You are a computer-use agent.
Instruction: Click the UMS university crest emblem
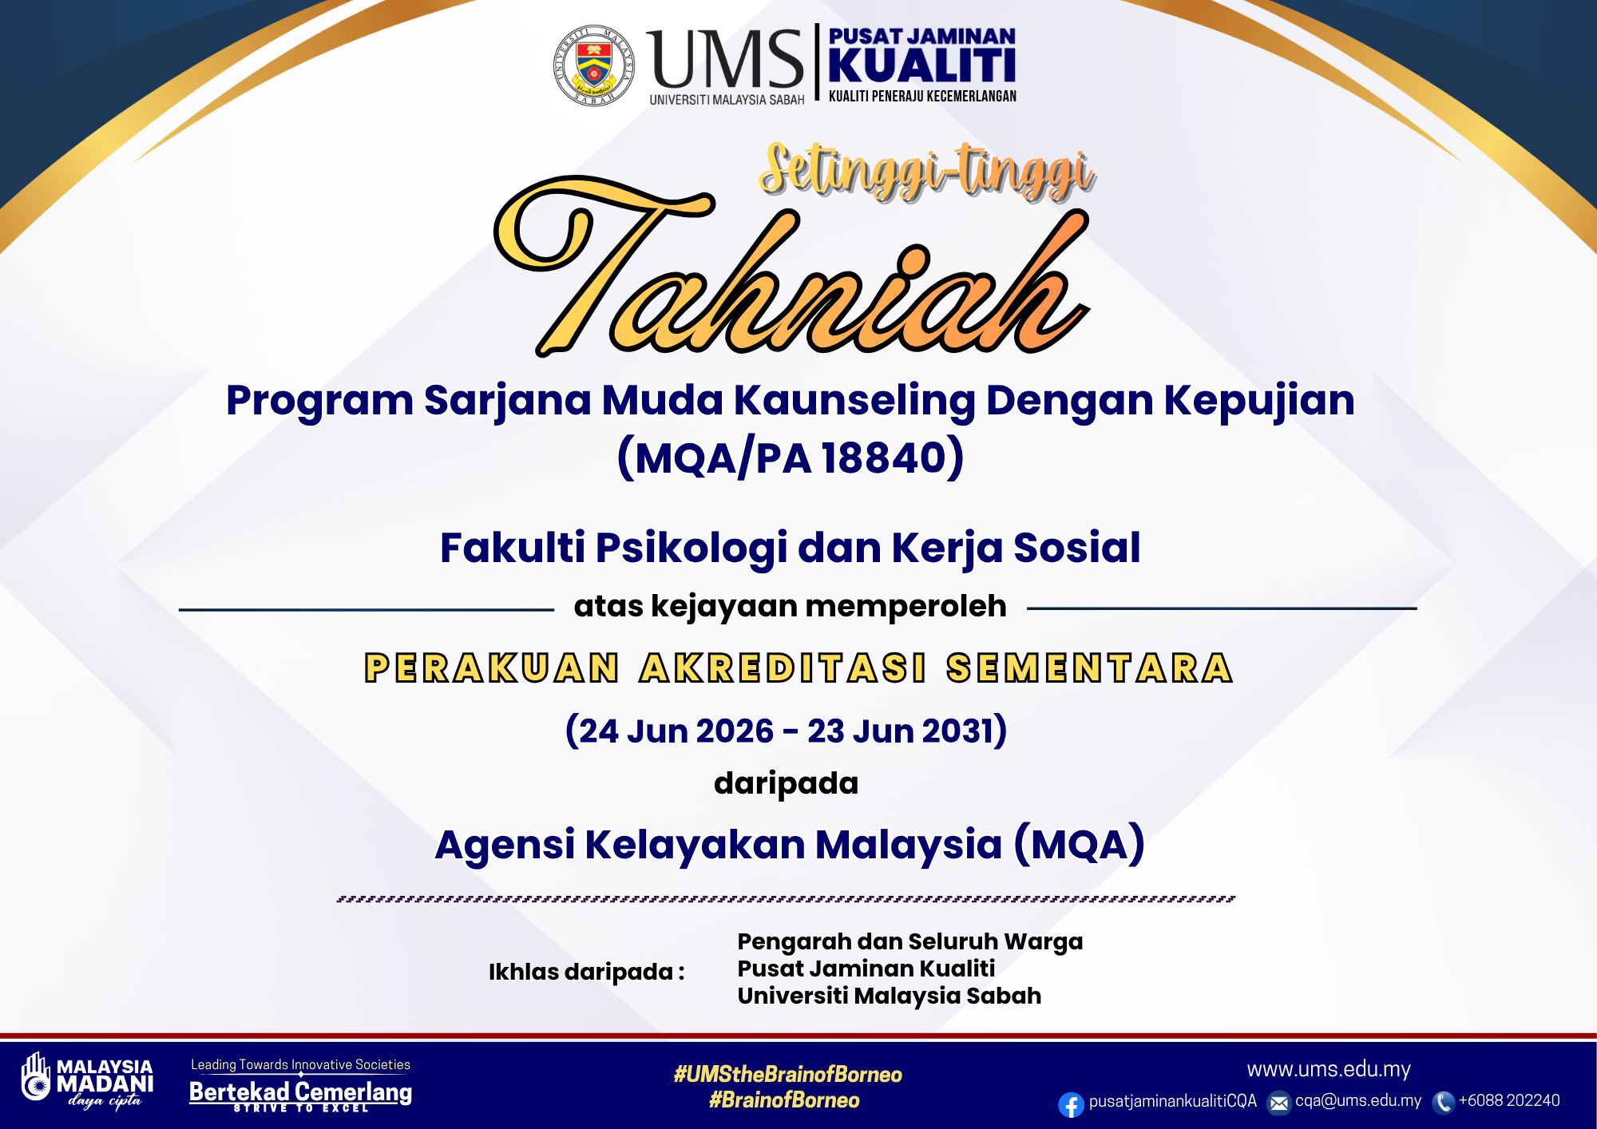click(x=594, y=65)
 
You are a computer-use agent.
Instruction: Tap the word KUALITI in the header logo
click(x=922, y=65)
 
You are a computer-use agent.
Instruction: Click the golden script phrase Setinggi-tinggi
click(x=927, y=171)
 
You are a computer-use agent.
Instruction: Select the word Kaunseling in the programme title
click(x=854, y=401)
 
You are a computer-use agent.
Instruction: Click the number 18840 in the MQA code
click(x=884, y=458)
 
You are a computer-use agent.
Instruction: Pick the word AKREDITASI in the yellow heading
click(x=783, y=668)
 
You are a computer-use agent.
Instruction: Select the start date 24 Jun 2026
click(x=676, y=731)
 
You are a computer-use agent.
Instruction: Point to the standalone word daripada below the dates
click(x=786, y=784)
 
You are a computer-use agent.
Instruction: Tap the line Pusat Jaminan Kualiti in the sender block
click(x=866, y=969)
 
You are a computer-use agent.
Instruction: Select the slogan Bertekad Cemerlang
click(x=300, y=1091)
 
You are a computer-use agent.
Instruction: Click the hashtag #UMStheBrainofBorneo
click(x=787, y=1074)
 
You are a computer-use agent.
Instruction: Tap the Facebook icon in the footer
click(x=1071, y=1104)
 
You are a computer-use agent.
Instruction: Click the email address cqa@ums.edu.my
click(x=1358, y=1100)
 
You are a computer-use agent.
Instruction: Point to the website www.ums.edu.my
click(x=1329, y=1069)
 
